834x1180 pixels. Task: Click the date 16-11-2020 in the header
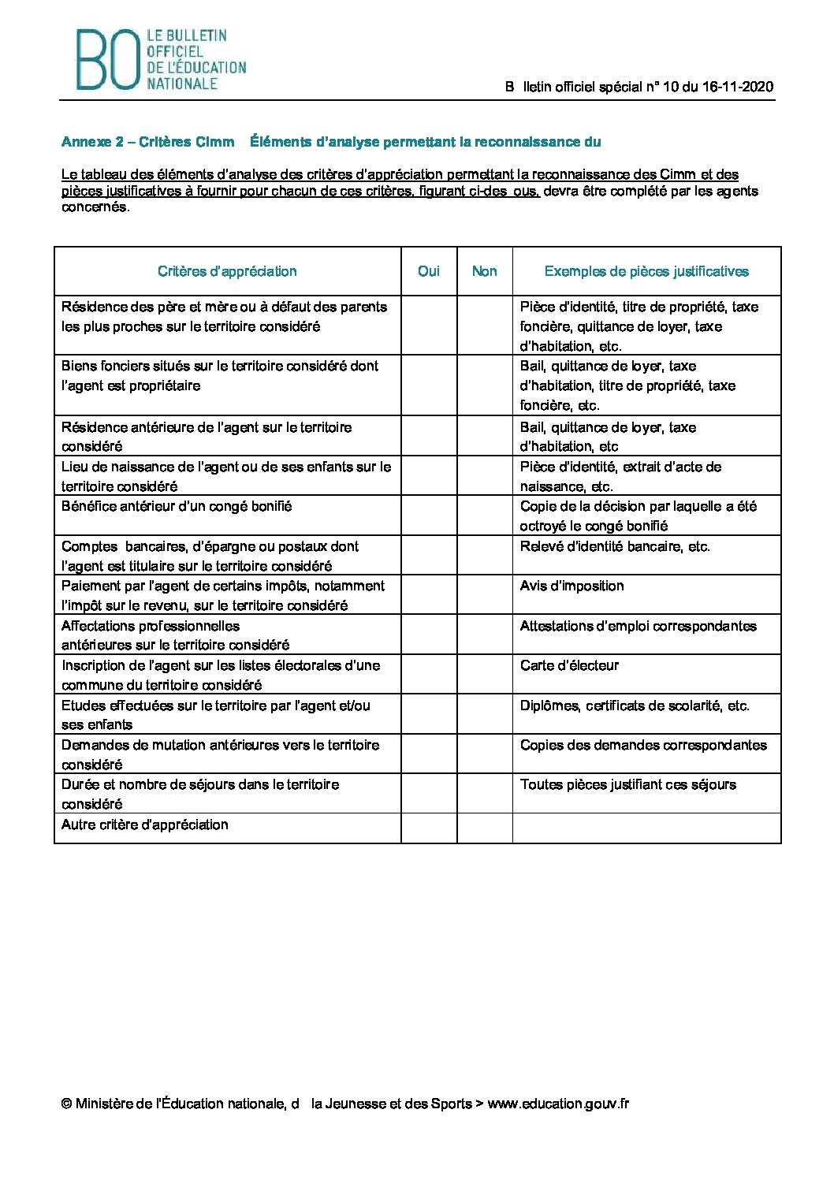(x=738, y=87)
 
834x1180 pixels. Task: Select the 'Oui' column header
(x=429, y=271)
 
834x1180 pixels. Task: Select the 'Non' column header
(x=484, y=271)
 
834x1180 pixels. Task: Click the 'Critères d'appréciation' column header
(x=227, y=271)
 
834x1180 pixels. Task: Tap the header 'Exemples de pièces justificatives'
(x=646, y=271)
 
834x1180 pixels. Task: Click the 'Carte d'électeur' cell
(x=569, y=665)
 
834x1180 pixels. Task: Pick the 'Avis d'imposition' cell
(x=572, y=586)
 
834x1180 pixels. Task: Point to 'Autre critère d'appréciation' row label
(x=145, y=825)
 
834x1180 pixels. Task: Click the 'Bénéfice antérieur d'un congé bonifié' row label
(x=177, y=506)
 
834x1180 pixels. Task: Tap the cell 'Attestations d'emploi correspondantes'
(x=638, y=626)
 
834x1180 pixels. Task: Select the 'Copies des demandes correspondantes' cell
(x=643, y=745)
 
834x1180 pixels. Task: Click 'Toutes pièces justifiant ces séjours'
(x=627, y=784)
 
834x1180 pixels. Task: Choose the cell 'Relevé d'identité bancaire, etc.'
(x=615, y=546)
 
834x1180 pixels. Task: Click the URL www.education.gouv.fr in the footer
(x=558, y=1104)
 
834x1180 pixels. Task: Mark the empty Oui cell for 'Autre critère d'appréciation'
(x=429, y=828)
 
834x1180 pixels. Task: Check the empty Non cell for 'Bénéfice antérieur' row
(x=484, y=516)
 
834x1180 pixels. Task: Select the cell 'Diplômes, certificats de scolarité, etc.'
(x=635, y=705)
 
